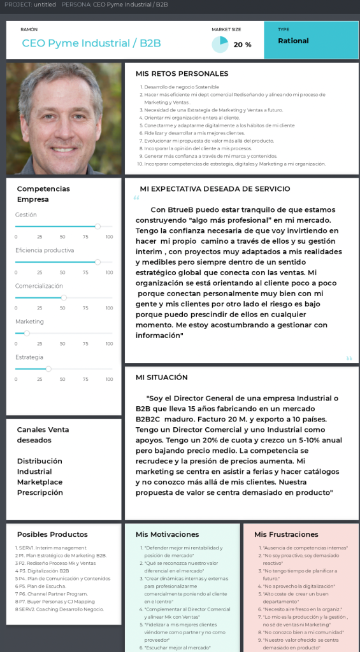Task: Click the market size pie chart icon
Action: point(220,45)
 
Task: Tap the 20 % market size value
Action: point(242,45)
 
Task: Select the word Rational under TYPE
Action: point(293,41)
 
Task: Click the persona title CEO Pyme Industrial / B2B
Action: point(91,43)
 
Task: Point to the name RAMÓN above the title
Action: point(29,29)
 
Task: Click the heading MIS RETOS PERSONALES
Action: point(182,74)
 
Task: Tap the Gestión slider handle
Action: point(97,226)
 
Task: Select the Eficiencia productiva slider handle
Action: point(97,262)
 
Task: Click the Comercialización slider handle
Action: point(64,297)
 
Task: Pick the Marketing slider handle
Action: point(27,333)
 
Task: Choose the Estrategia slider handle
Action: point(48,369)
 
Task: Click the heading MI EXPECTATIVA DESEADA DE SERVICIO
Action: point(215,188)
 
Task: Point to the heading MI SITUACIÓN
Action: point(162,377)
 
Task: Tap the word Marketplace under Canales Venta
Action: point(40,482)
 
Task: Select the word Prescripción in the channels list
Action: point(40,492)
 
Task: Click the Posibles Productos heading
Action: point(52,534)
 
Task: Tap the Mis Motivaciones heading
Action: point(168,534)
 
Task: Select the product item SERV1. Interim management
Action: point(52,548)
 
